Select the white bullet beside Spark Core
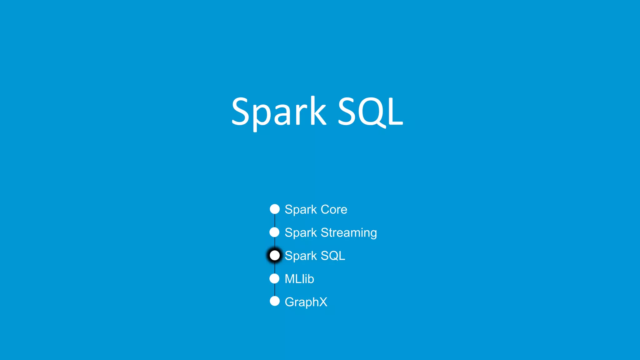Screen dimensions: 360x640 pyautogui.click(x=275, y=209)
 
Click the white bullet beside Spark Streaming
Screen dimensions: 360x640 pyautogui.click(x=274, y=232)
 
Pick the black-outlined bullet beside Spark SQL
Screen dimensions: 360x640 pyautogui.click(x=275, y=255)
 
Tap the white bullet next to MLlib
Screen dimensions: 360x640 pyautogui.click(x=274, y=278)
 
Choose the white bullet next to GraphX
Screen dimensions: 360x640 pyautogui.click(x=275, y=301)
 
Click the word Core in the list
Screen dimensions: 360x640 pyautogui.click(x=334, y=209)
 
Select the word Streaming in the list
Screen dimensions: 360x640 pyautogui.click(x=349, y=233)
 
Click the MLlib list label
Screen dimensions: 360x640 pyautogui.click(x=299, y=279)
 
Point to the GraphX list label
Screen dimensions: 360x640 pyautogui.click(x=306, y=302)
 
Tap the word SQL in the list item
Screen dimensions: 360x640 pyautogui.click(x=333, y=256)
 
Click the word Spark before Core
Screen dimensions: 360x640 pyautogui.click(x=301, y=210)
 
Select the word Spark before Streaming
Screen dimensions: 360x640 pyautogui.click(x=301, y=233)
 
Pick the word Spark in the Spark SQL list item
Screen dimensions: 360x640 pyautogui.click(x=301, y=256)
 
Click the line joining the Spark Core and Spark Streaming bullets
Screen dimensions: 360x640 pyautogui.click(x=275, y=221)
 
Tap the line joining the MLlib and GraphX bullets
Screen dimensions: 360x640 pyautogui.click(x=275, y=290)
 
